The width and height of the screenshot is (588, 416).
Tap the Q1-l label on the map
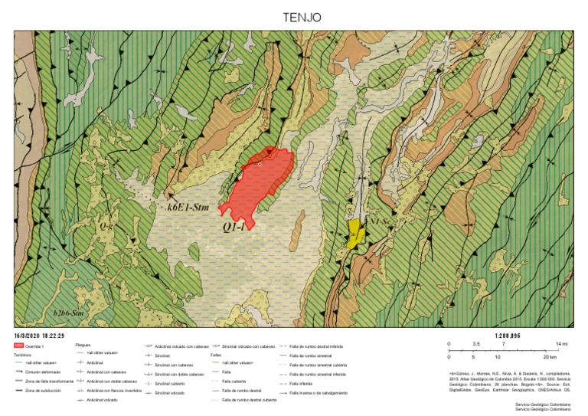pos(234,227)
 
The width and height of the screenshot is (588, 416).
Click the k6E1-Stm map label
pos(189,207)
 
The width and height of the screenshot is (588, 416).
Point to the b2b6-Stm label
pos(67,313)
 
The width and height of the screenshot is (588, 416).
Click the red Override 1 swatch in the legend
pos(19,346)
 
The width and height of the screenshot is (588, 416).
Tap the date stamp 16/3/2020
pos(38,336)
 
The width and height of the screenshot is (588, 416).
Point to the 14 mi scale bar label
pos(561,345)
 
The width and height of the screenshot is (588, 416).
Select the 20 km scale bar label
pos(549,357)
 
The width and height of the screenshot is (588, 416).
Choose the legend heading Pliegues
pos(83,345)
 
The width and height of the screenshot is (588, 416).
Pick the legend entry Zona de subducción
pos(41,391)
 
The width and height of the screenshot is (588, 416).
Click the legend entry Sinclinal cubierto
pos(170,383)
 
